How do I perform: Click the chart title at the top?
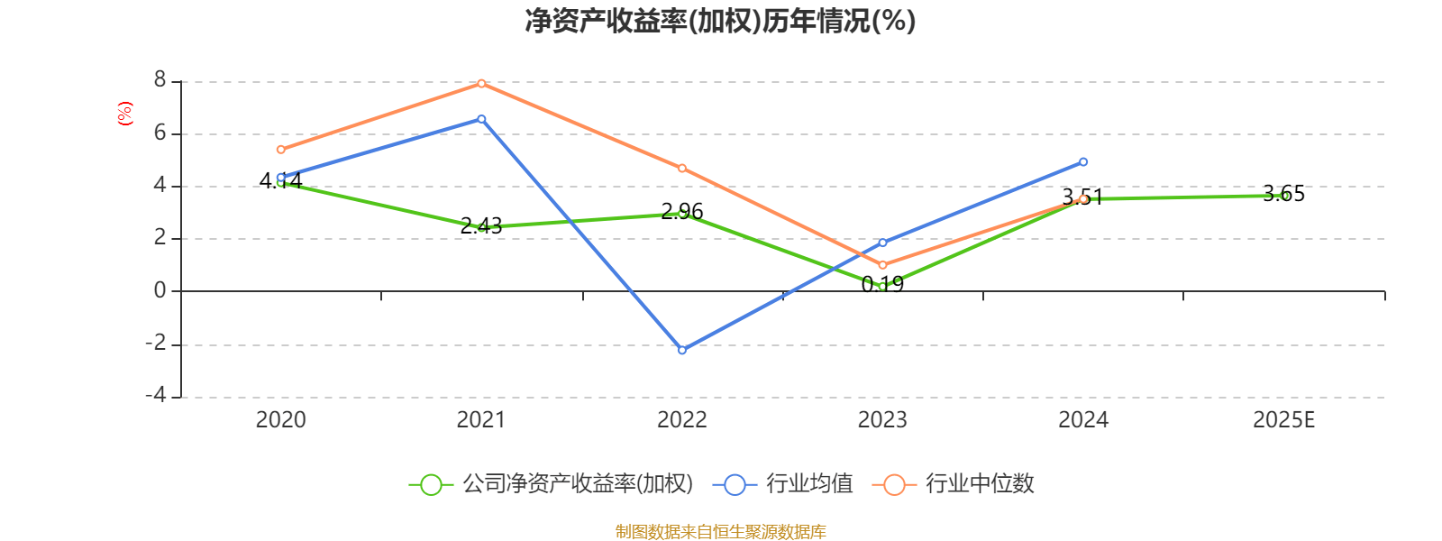click(x=720, y=22)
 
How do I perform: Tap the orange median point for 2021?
click(x=481, y=83)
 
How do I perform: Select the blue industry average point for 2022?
click(x=682, y=350)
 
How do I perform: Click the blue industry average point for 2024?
click(x=1083, y=162)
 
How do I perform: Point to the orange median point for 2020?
click(x=281, y=150)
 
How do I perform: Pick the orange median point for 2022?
click(x=682, y=169)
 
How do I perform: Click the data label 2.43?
click(x=481, y=225)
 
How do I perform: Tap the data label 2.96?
click(x=682, y=212)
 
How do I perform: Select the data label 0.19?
click(x=882, y=285)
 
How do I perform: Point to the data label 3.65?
click(x=1283, y=194)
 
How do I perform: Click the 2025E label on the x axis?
click(x=1283, y=420)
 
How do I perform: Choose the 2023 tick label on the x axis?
click(x=882, y=420)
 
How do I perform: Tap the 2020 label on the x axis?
click(x=281, y=420)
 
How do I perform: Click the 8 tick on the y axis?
click(x=160, y=81)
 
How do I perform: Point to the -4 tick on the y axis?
click(x=156, y=396)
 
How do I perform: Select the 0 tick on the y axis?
click(x=160, y=290)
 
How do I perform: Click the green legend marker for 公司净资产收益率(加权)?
click(x=431, y=484)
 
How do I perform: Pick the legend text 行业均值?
click(x=809, y=484)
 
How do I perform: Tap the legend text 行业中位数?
click(x=980, y=484)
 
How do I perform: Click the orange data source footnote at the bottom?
click(x=720, y=532)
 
